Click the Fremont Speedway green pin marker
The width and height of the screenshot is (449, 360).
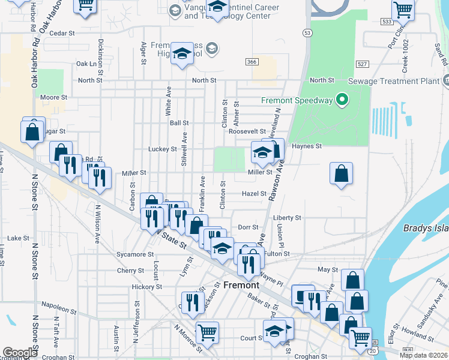[x=342, y=100]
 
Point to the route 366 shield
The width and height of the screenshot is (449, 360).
[x=252, y=62]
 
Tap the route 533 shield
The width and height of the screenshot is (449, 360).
[x=386, y=22]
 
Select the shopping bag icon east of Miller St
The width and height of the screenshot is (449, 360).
[x=341, y=173]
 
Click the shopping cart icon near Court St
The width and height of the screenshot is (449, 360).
[x=207, y=331]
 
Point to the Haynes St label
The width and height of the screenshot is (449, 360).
[x=307, y=146]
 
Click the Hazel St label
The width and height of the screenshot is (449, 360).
[x=254, y=194]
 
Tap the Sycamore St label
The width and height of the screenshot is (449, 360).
[x=135, y=254]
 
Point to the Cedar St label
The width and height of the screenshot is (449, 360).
[x=61, y=34]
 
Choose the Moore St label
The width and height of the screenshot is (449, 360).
[x=53, y=97]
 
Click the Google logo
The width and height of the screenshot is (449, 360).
[x=19, y=352]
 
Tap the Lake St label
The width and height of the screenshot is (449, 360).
[x=19, y=238]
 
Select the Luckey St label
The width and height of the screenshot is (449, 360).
[x=163, y=149]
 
